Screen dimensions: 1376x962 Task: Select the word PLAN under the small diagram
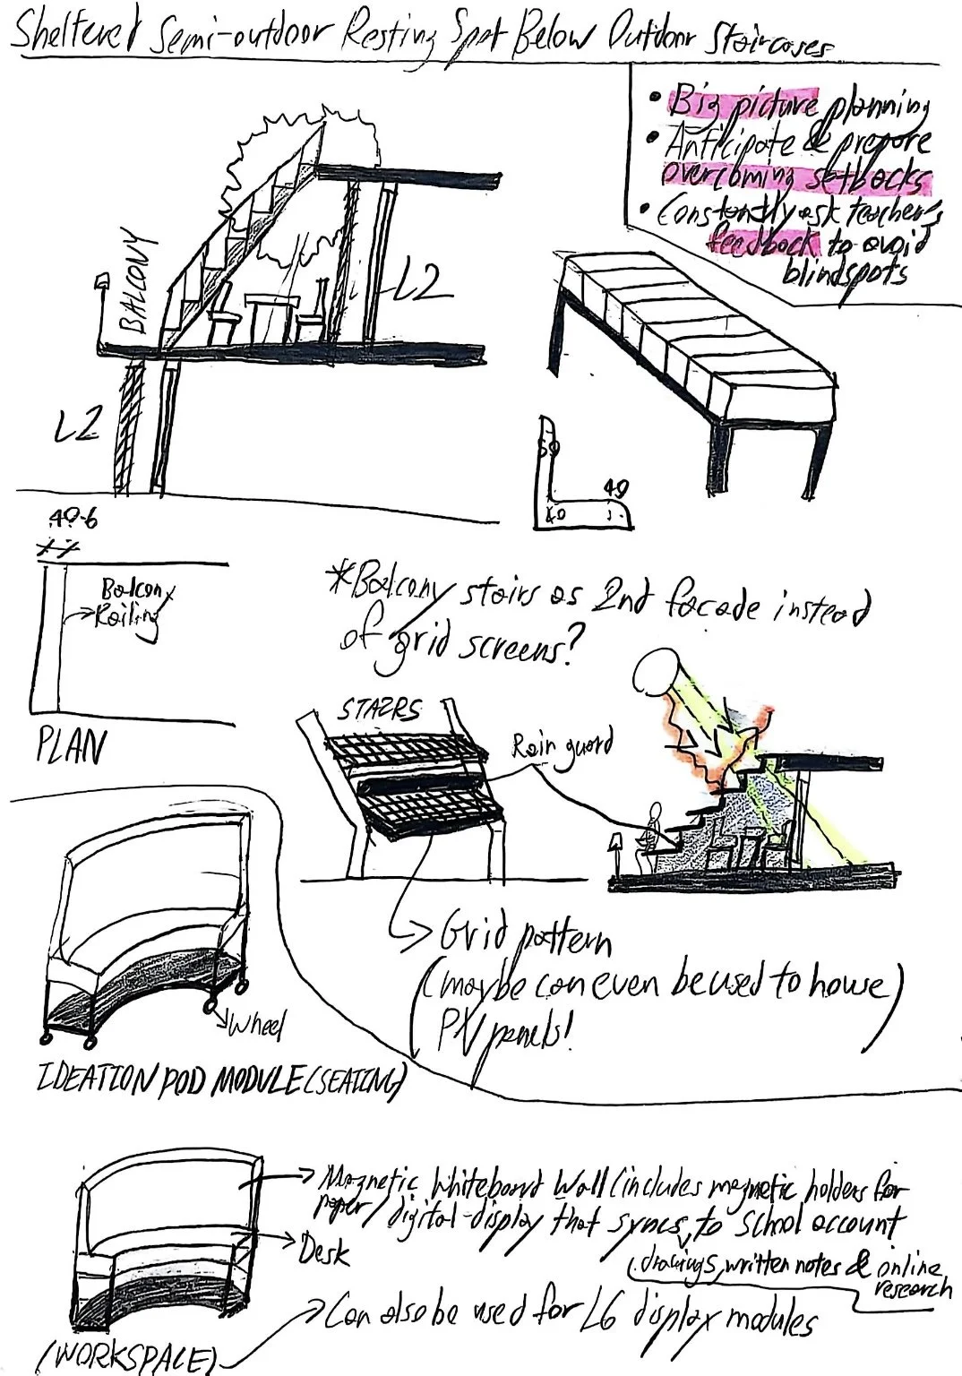[70, 746]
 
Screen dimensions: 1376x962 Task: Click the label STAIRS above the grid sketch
[378, 712]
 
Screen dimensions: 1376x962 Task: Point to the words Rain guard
[563, 744]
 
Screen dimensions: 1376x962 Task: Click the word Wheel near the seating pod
[257, 1026]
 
